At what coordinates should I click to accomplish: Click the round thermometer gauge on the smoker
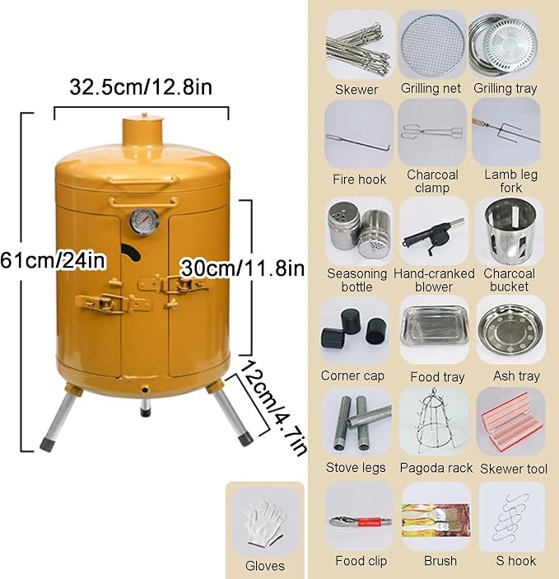pos(144,222)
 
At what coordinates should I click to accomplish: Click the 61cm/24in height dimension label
pos(53,260)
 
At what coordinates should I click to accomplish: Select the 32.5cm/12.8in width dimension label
pos(141,87)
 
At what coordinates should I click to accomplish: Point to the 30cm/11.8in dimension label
pos(243,268)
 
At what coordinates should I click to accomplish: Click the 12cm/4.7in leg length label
pos(274,408)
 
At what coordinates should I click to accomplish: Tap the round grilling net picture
pos(431,45)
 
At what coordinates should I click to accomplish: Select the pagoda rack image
pos(434,422)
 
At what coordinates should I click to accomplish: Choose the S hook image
pos(512,520)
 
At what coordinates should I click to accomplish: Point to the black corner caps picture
pos(354,329)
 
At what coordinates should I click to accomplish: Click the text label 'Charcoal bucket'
pos(509,280)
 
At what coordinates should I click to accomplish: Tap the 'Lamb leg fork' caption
pos(511,181)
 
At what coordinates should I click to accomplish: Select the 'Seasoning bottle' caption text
pos(356,280)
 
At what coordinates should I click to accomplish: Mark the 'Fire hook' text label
pos(359,180)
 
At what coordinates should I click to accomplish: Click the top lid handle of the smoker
pos(142,180)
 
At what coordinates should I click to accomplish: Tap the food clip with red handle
pos(360,521)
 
